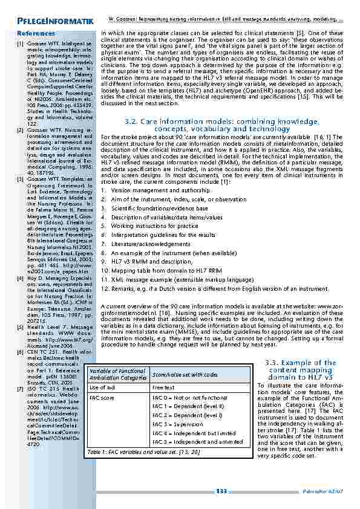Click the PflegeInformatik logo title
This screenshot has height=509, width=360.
click(x=54, y=22)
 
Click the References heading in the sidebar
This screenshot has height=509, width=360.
click(x=37, y=34)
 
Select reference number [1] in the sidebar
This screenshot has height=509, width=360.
click(x=20, y=44)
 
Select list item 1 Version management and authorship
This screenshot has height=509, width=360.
click(x=155, y=190)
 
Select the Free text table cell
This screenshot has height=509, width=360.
click(x=163, y=387)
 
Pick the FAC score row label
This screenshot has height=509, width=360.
click(x=102, y=398)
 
